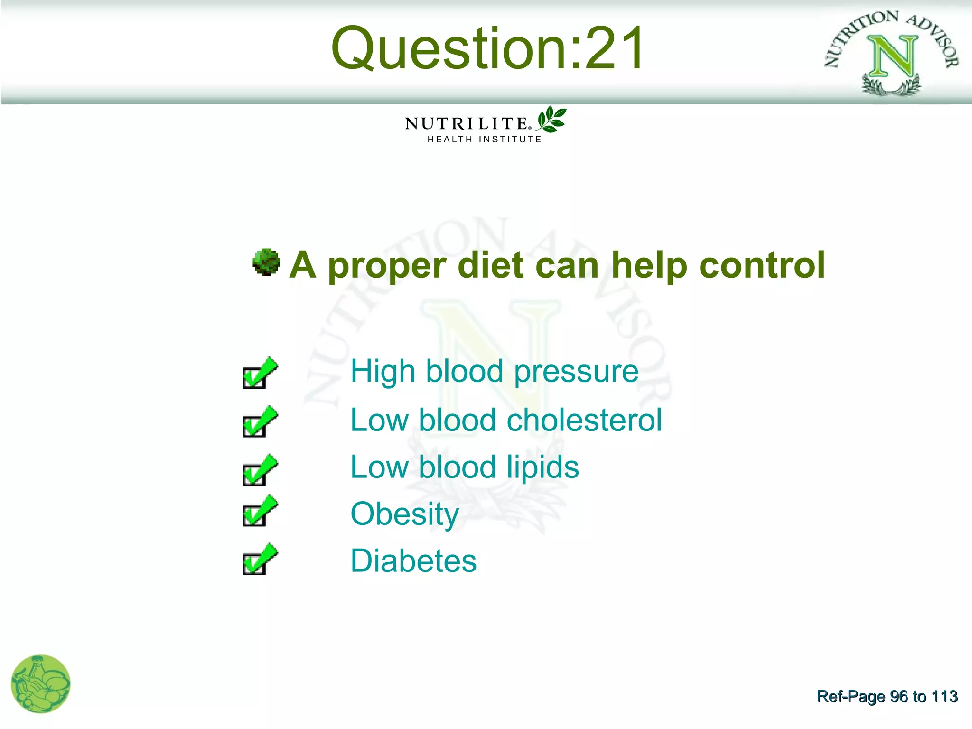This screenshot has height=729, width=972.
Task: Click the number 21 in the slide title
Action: click(x=615, y=48)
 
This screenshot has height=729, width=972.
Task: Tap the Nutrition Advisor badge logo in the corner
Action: click(x=892, y=53)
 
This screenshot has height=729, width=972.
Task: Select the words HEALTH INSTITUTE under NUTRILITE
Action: click(x=484, y=140)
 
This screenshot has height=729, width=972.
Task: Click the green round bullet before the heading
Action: click(x=266, y=262)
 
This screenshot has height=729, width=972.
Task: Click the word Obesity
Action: click(x=405, y=515)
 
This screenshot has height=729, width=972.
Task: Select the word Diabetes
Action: click(x=413, y=561)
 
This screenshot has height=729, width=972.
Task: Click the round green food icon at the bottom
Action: click(x=41, y=684)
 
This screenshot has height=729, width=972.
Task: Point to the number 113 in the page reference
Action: click(x=944, y=696)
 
